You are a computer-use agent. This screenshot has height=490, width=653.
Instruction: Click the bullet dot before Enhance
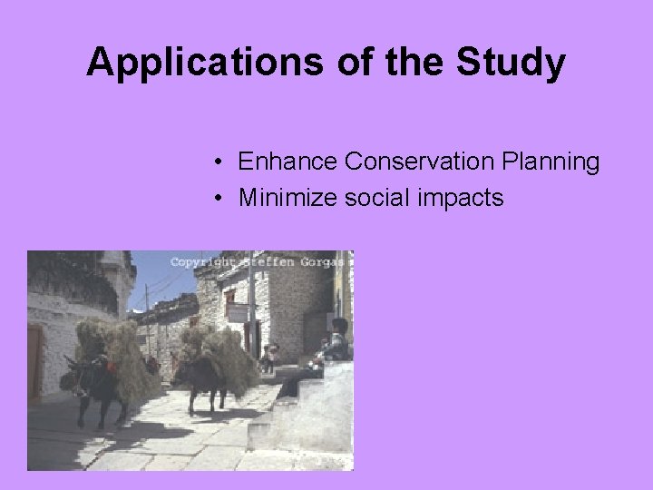(220, 163)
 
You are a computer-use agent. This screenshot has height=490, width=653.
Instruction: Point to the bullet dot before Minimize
(220, 198)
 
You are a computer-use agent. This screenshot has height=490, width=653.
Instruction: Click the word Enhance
(287, 162)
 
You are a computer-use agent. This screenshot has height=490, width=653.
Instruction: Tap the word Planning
(555, 163)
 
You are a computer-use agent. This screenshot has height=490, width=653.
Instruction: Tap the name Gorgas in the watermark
(325, 262)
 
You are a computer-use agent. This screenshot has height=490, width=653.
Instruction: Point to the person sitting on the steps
(333, 345)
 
